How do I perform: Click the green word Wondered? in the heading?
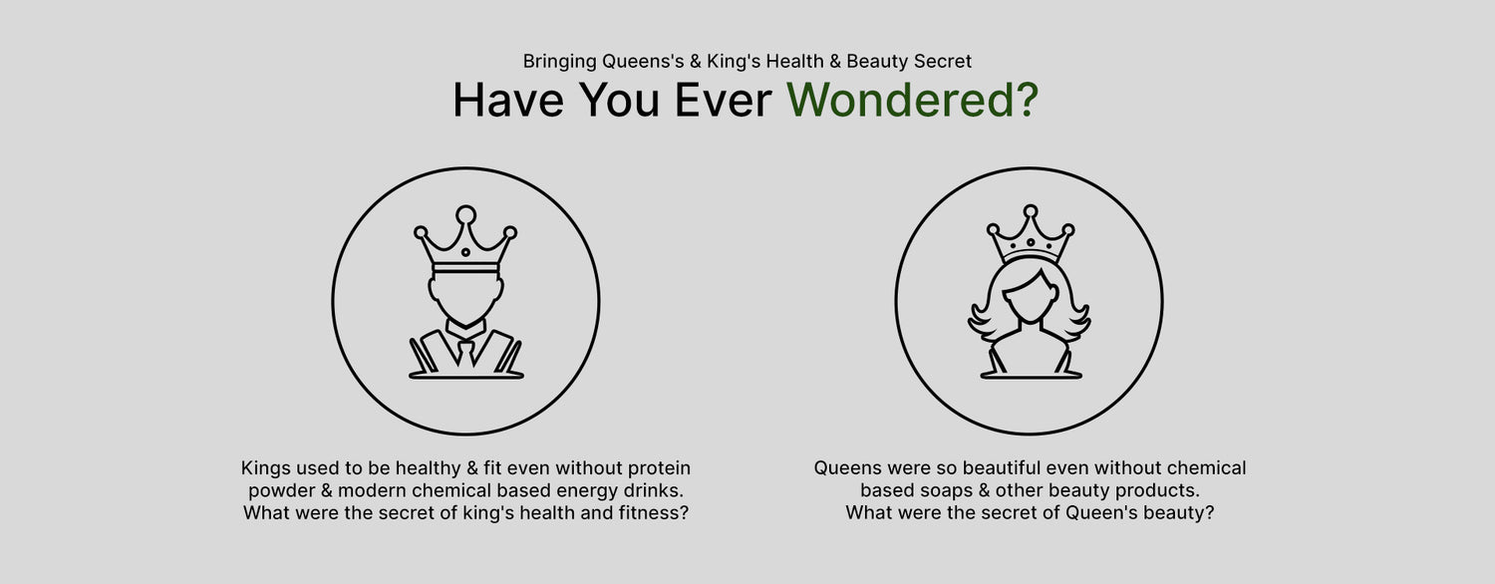[912, 100]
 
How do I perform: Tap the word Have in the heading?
[508, 100]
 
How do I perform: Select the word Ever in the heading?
[723, 100]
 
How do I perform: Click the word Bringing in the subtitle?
[559, 62]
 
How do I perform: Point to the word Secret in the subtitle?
[943, 61]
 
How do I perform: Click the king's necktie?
[465, 354]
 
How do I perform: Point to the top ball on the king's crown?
[465, 215]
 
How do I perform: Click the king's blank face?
[465, 298]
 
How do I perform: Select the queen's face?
[1031, 299]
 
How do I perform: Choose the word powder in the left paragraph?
[281, 491]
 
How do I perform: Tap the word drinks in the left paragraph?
[652, 490]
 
